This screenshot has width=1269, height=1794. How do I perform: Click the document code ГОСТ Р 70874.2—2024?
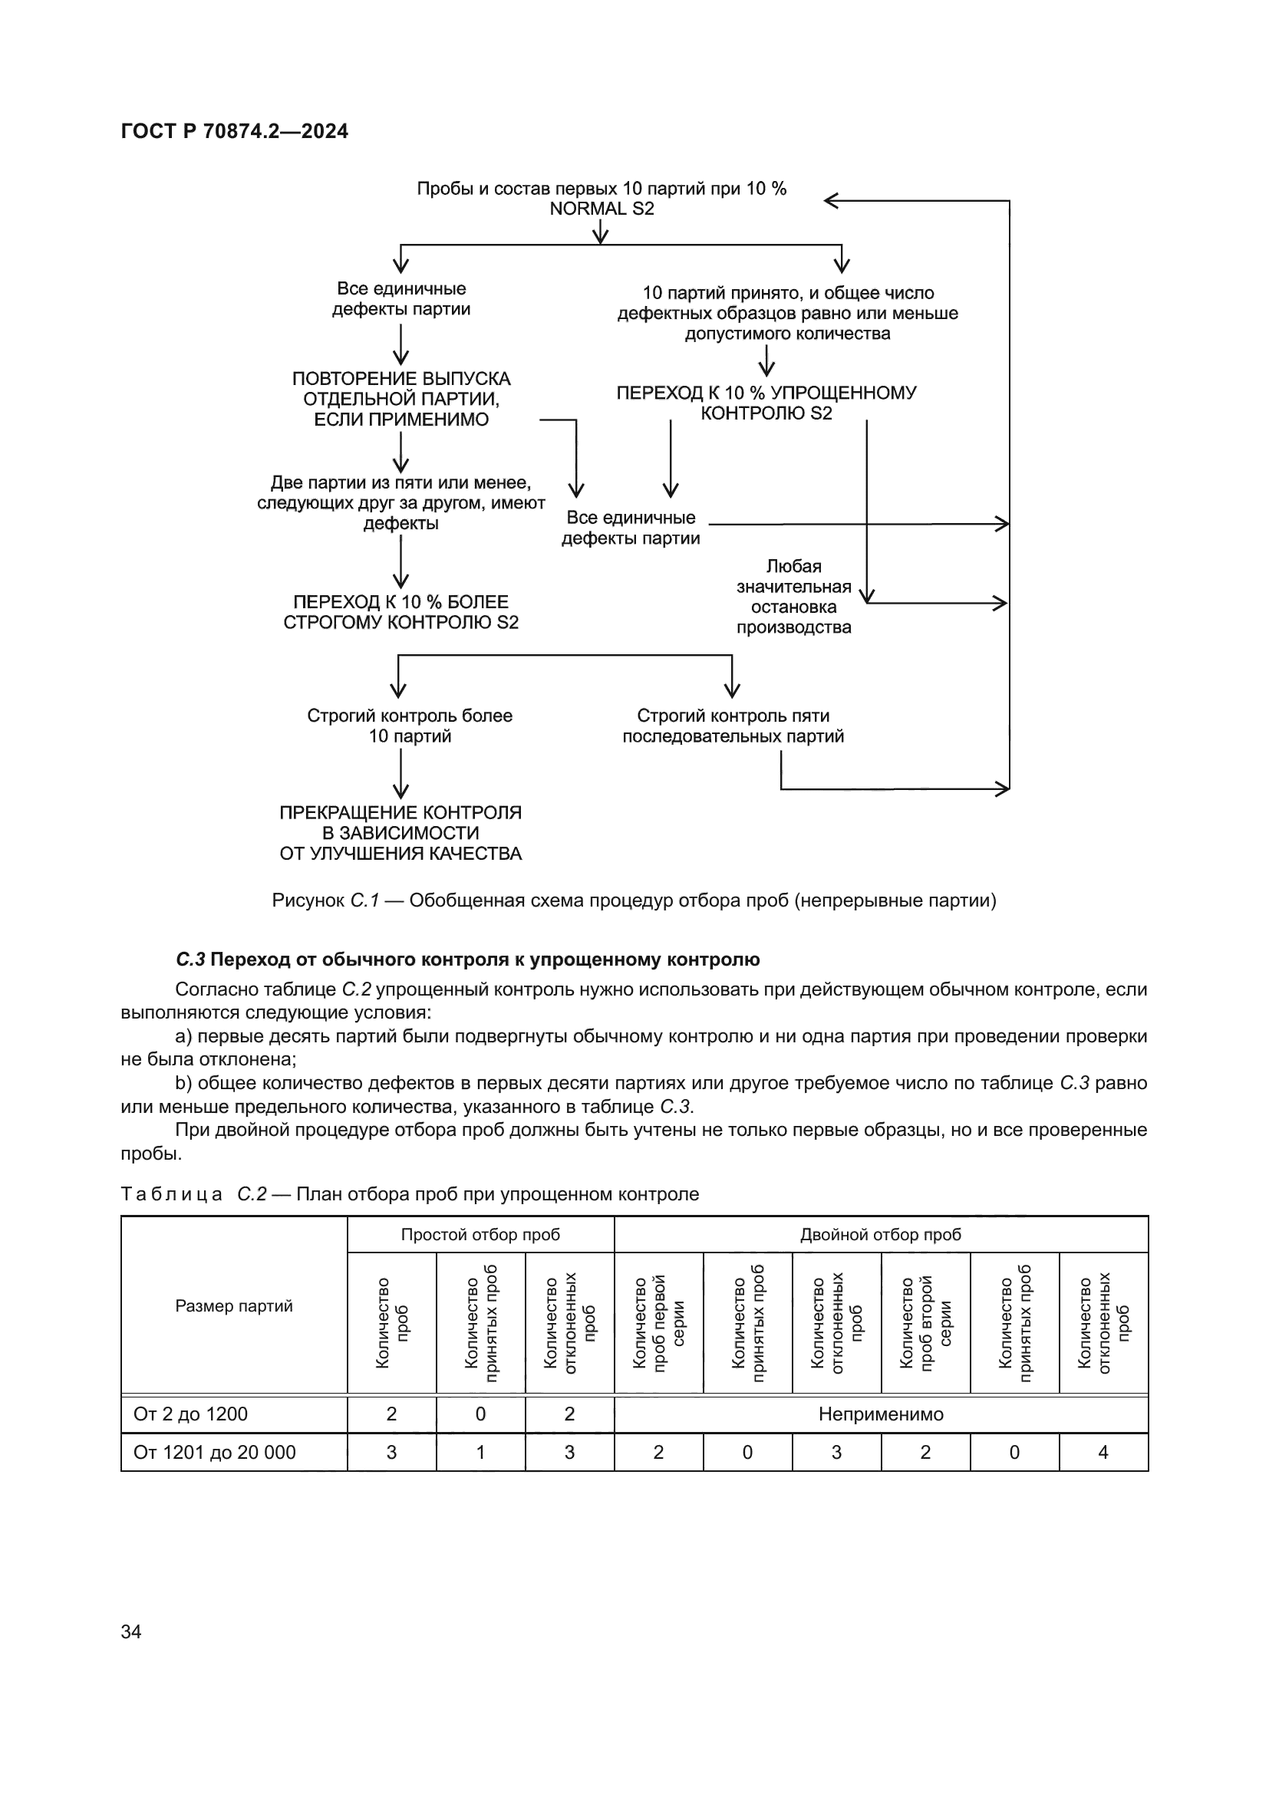[x=235, y=131]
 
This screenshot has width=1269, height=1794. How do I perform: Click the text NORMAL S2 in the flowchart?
[x=601, y=209]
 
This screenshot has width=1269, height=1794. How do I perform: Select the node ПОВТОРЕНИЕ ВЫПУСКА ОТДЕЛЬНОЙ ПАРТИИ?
[x=400, y=399]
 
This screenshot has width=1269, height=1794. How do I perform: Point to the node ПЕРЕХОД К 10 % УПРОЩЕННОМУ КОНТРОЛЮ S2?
[x=766, y=403]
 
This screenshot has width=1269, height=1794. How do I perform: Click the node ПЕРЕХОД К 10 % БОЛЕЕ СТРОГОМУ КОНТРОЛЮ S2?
[x=400, y=612]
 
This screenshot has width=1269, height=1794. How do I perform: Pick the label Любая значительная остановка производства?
[x=793, y=596]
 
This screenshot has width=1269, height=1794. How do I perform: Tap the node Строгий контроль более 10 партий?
[x=410, y=726]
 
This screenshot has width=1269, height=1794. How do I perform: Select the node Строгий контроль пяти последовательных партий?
[x=733, y=726]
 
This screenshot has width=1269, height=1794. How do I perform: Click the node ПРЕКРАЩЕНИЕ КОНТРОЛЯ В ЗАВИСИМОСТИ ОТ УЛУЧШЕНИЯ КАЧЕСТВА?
[x=400, y=833]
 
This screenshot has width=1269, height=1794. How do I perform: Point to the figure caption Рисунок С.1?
[x=634, y=900]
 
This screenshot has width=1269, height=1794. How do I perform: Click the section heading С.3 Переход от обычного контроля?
[x=467, y=959]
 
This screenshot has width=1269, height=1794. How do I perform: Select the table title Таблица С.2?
[x=410, y=1194]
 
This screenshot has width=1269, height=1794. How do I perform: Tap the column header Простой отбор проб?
[x=480, y=1235]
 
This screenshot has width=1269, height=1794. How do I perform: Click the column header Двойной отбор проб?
[x=880, y=1235]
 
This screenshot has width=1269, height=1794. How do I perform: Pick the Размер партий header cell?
[x=234, y=1305]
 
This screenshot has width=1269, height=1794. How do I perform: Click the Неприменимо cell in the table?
[x=881, y=1414]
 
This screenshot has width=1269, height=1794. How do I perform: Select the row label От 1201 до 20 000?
[x=215, y=1453]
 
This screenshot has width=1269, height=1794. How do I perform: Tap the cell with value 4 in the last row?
[x=1103, y=1453]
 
